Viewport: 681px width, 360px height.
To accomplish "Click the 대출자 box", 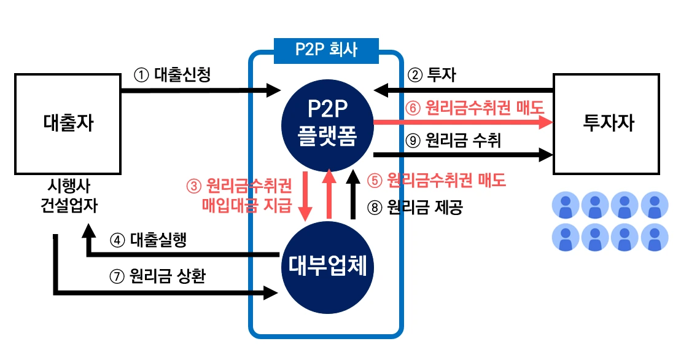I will [68, 123].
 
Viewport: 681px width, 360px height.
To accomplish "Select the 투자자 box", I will [607, 123].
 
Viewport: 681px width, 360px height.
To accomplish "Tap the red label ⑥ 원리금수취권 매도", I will [475, 108].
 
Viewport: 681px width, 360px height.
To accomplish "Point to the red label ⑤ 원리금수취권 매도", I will [436, 181].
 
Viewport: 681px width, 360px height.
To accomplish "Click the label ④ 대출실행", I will [148, 240].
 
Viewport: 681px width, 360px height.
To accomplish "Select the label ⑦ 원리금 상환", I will [157, 276].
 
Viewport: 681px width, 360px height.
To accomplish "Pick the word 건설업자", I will [67, 205].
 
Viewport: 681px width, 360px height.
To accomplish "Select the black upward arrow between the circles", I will [352, 195].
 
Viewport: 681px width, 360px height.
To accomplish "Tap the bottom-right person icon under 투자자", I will [654, 237].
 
